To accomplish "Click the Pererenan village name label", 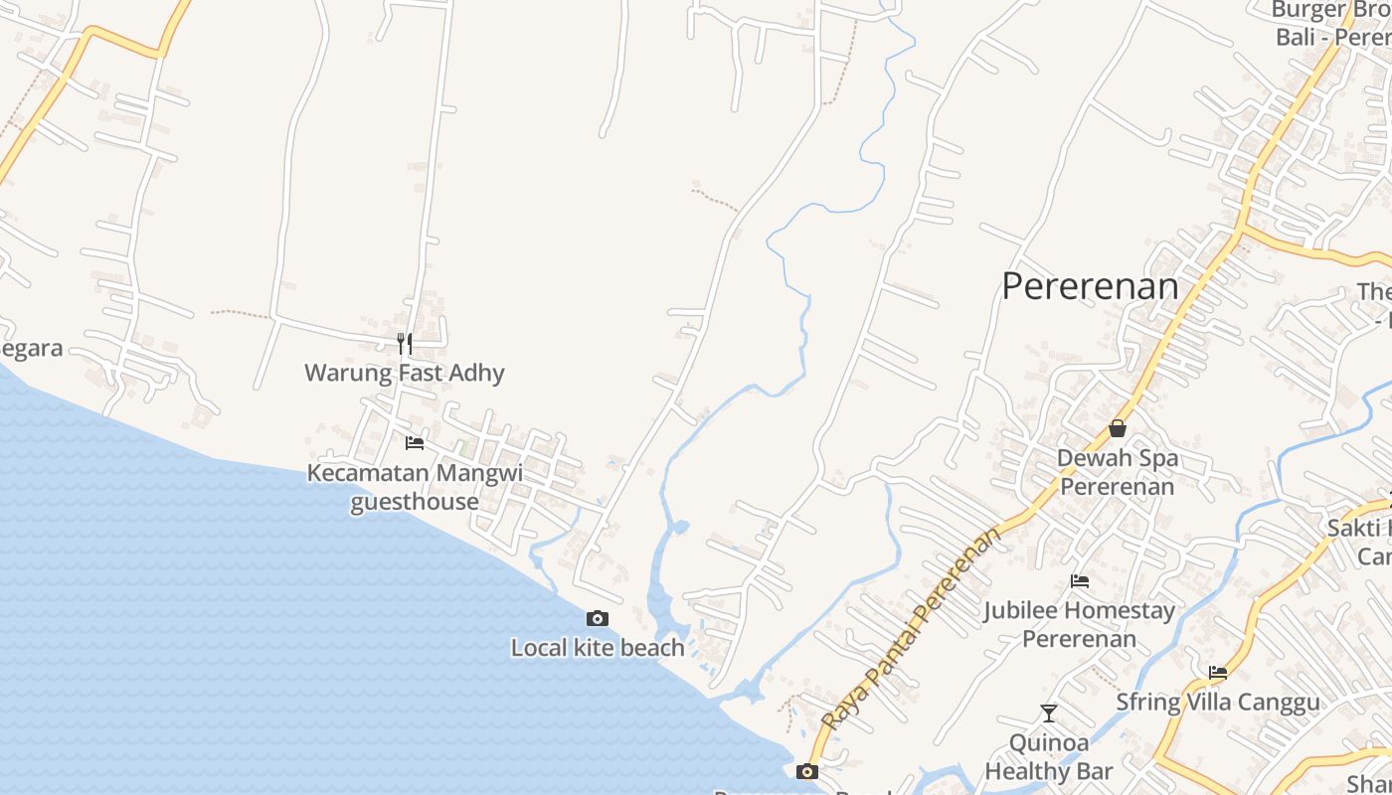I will point(1090,286).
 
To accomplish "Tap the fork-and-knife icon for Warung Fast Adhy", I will point(405,344).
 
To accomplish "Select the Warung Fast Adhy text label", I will point(405,374).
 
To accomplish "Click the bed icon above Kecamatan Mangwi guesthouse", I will point(415,442).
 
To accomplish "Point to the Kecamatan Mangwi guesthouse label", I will point(415,487).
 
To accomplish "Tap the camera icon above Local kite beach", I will point(598,619).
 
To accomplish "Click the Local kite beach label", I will point(598,649).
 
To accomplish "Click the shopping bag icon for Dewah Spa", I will point(1118,428).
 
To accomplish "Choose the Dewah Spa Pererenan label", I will point(1117,472).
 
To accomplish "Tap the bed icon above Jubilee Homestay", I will point(1080,581).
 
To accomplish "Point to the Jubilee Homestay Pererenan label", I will point(1080,624).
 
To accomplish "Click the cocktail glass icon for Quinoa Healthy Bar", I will point(1049,714).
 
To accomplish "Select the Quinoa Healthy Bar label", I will point(1049,756).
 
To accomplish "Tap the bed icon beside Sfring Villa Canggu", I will point(1218,673).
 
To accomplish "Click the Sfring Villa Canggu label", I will point(1218,703).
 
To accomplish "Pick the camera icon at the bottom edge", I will point(807,771).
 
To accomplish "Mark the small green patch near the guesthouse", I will point(462,449).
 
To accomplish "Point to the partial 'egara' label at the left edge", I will point(32,349).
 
